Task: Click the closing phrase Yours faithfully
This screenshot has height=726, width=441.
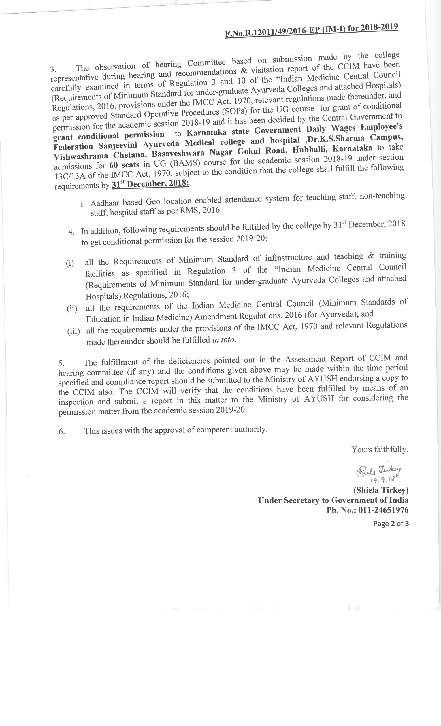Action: click(x=380, y=450)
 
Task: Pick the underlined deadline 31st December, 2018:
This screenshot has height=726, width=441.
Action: click(x=150, y=184)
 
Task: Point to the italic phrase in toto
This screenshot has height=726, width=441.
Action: click(x=224, y=340)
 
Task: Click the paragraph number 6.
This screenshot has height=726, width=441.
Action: click(x=62, y=432)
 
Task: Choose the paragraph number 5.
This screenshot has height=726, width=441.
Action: click(x=61, y=363)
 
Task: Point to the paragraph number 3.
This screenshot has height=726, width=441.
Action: click(x=53, y=69)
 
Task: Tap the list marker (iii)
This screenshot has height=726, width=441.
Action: click(x=73, y=332)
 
